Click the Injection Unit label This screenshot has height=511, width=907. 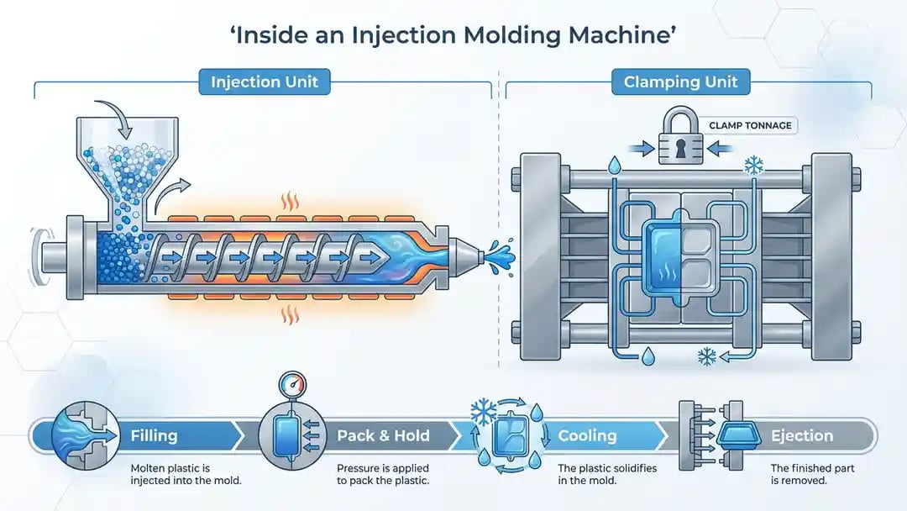coord(264,82)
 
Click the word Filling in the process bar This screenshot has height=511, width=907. coord(154,435)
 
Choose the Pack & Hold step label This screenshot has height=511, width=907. coord(383,435)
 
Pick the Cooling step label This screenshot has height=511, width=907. coord(587,435)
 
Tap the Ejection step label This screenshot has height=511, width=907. coord(801,435)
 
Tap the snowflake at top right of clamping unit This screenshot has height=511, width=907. coord(753,166)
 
